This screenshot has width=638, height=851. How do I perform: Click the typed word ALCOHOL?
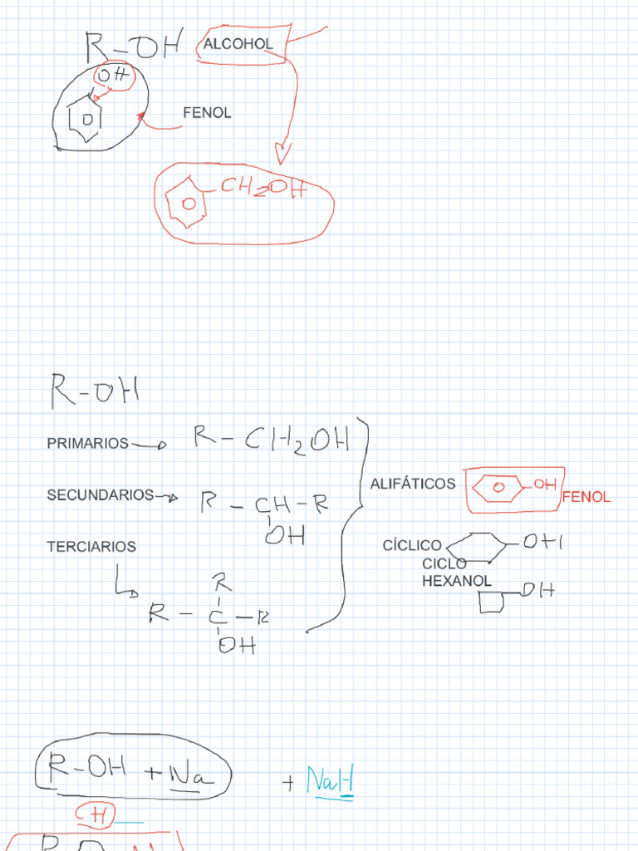(x=238, y=45)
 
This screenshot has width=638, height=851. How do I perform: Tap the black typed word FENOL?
(x=207, y=113)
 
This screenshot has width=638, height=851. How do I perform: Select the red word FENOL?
(x=586, y=497)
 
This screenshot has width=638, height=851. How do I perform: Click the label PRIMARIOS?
(x=88, y=444)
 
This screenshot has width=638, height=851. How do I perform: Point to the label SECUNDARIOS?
(x=101, y=495)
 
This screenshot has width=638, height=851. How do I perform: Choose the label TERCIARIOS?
(x=91, y=547)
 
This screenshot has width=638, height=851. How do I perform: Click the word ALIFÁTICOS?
(x=413, y=484)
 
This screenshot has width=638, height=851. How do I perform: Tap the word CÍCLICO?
(x=412, y=545)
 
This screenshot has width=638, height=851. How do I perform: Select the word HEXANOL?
(x=457, y=581)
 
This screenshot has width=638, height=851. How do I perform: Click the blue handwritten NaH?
(x=330, y=780)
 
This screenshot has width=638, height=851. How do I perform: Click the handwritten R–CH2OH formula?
(x=271, y=438)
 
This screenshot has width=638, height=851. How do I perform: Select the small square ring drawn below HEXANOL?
(x=492, y=602)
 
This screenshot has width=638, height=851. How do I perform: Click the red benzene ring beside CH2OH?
(x=187, y=203)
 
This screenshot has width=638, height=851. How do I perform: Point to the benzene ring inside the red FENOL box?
(x=500, y=487)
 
